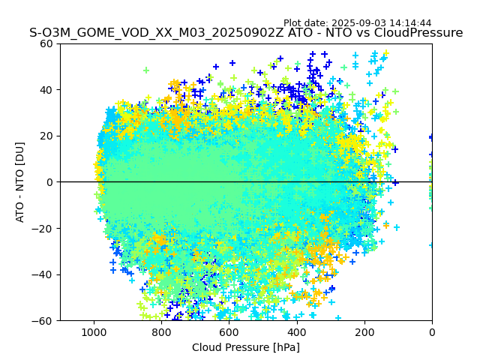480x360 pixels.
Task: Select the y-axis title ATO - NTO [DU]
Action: [x=20, y=182]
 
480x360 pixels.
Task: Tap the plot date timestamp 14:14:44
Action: [x=411, y=23]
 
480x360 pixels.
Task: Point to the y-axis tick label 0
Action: [x=51, y=182]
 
